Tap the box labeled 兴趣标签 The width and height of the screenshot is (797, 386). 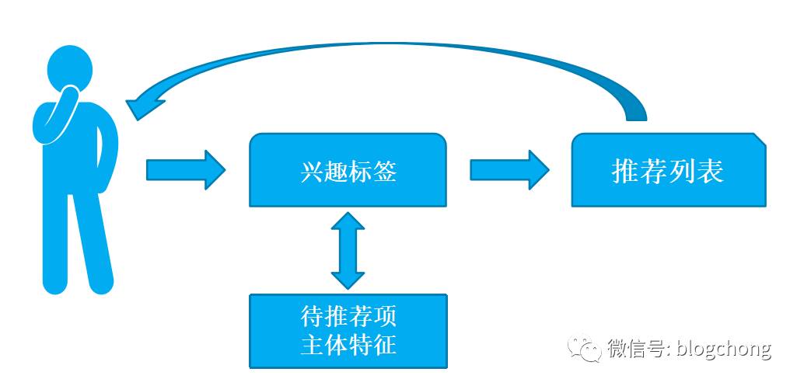[x=348, y=170]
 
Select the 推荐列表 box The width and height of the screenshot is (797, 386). [x=668, y=170]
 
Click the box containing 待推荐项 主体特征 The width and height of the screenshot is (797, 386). [x=348, y=331]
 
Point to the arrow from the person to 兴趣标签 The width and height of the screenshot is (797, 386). [x=185, y=169]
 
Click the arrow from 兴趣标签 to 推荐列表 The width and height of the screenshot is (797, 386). [x=509, y=169]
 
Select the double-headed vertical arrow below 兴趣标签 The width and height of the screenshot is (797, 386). [x=348, y=249]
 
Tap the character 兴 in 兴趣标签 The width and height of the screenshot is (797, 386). [x=311, y=171]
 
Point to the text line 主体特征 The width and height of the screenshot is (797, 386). [x=348, y=344]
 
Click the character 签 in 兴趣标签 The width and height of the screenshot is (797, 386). [x=384, y=171]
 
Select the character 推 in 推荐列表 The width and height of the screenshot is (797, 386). [x=626, y=171]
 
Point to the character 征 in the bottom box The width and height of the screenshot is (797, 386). [x=384, y=344]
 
